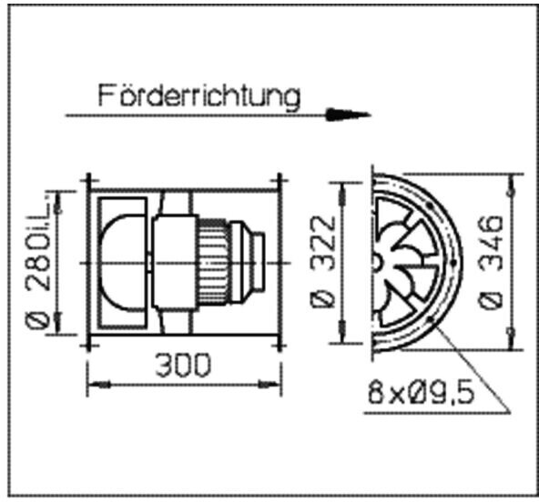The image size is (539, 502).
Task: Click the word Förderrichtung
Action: (199, 96)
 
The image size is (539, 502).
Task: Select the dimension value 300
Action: (182, 366)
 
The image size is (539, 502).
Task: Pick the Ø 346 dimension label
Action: (491, 262)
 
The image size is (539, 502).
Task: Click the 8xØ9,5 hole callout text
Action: (421, 392)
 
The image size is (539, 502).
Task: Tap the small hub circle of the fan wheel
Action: (377, 263)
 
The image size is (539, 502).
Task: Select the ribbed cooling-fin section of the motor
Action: (214, 263)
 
